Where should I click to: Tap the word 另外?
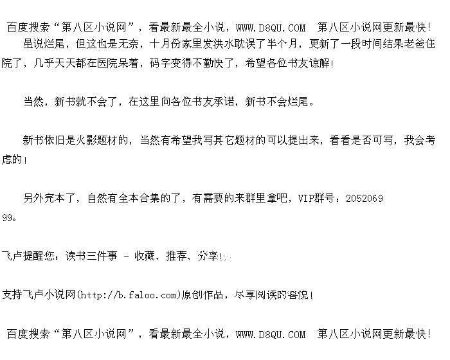[34, 198]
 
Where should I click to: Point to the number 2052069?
[364, 198]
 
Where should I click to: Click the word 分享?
[207, 256]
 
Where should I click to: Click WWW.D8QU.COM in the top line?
[271, 28]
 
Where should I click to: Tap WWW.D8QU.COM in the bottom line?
[271, 334]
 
